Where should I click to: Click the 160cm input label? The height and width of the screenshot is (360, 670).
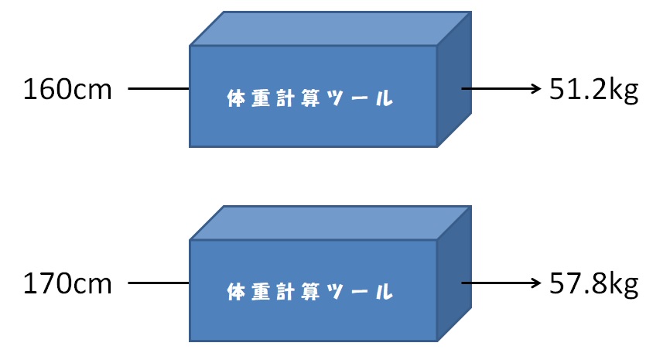(x=68, y=90)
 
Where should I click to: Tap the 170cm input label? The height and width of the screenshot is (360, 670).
(x=68, y=284)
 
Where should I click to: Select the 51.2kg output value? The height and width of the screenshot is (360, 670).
(x=593, y=90)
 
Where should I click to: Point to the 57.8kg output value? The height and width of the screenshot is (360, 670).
(x=593, y=284)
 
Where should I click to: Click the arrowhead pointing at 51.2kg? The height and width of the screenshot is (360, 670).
(x=534, y=89)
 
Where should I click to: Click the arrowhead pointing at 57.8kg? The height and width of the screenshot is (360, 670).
(x=534, y=283)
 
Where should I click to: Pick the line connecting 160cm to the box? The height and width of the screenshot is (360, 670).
(x=159, y=89)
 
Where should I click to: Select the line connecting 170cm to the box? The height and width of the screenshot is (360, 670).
(x=159, y=283)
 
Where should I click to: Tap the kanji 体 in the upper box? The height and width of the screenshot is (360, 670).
(x=237, y=99)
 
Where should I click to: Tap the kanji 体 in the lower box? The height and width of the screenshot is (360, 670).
(x=237, y=293)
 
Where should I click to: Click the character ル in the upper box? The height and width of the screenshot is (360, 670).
(x=382, y=99)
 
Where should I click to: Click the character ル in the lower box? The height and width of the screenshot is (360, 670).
(x=382, y=293)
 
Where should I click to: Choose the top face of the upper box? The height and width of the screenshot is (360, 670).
(x=329, y=29)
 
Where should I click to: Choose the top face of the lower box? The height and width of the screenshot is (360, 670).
(x=329, y=223)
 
